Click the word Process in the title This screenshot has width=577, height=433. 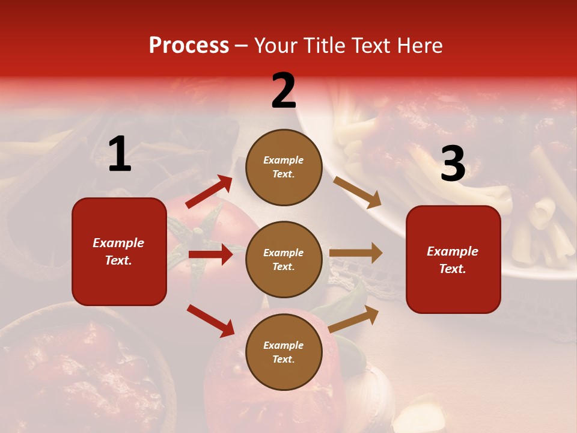pos(189,46)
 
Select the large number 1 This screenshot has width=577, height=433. pos(120,155)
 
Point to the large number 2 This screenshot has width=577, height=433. pos(284,91)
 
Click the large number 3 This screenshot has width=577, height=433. pos(453,164)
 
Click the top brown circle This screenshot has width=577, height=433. pos(284,167)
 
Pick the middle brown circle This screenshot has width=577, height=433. pos(284,259)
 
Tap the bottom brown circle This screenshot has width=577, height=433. pos(284,352)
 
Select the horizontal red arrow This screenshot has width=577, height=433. pos(210,254)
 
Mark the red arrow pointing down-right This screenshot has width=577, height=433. pos(211,321)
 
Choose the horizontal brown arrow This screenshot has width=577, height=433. pos(356,253)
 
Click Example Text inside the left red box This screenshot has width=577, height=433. pos(118,251)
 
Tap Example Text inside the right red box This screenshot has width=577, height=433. pos(453,260)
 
